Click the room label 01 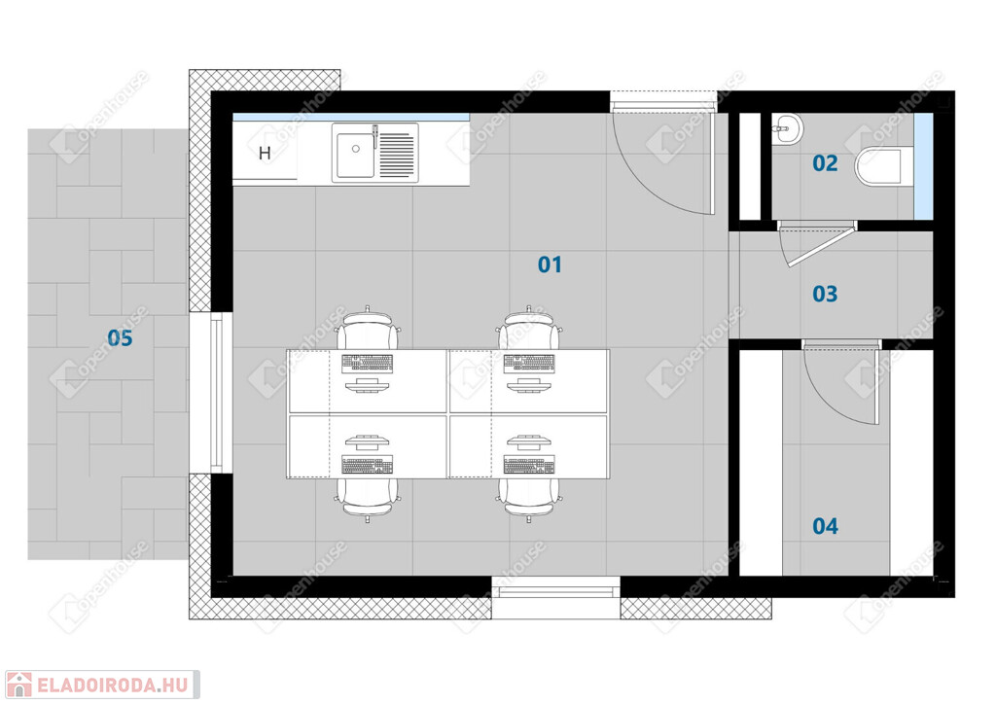point(550,264)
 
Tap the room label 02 point(825,163)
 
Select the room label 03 point(825,294)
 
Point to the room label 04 point(825,526)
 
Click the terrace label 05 point(120,337)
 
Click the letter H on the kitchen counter point(265,153)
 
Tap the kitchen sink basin point(355,155)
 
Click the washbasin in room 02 point(787,129)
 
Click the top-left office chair point(369,328)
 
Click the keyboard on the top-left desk point(367,364)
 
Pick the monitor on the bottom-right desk point(528,441)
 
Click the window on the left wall point(216,392)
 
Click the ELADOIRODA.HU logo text point(113,686)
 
